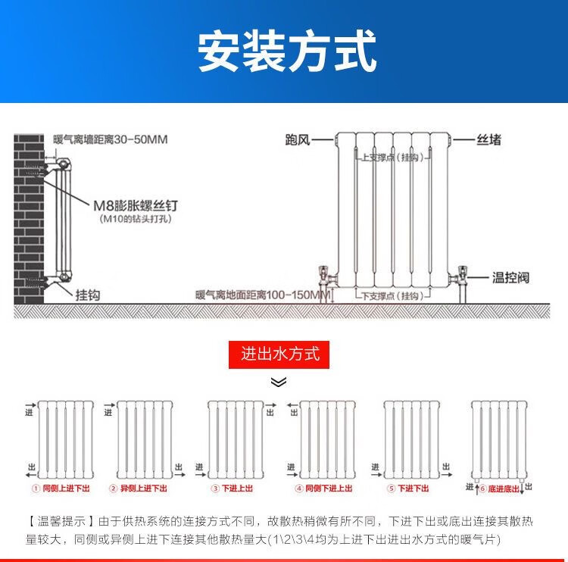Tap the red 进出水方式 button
coord(279,354)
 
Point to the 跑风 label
coord(298,140)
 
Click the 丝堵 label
coord(488,140)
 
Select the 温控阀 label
coord(510,278)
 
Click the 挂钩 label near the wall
coord(87,295)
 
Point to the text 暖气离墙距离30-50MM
coord(111,139)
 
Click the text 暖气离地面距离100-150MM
coord(263,295)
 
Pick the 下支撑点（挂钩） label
coord(392,295)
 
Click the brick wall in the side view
coord(28,220)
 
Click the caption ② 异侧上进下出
coord(139,489)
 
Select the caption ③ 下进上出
coord(233,489)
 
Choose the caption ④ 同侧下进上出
coord(324,489)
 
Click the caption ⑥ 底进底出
coord(499,489)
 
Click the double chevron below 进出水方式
coord(279,382)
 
